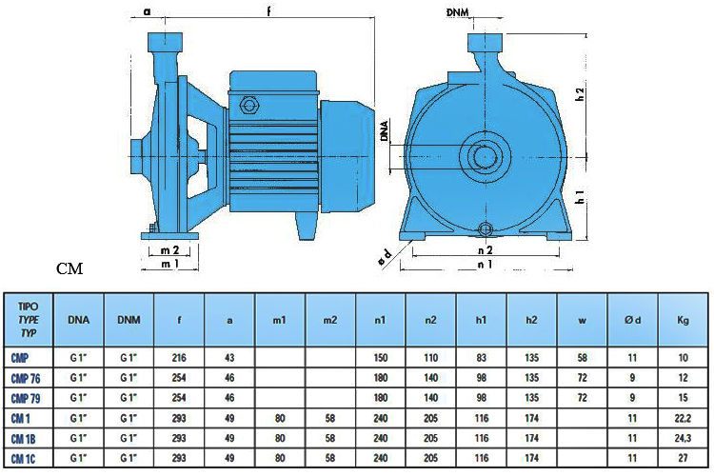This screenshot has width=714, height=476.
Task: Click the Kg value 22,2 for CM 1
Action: (x=683, y=418)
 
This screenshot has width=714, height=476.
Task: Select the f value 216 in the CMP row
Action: (x=179, y=358)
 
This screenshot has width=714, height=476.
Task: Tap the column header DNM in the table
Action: (x=129, y=320)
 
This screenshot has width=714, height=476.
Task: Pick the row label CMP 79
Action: (x=26, y=398)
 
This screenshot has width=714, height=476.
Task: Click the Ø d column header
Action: (x=632, y=320)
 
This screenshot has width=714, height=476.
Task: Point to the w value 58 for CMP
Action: (x=582, y=358)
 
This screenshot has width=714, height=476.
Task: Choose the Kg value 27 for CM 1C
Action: (x=683, y=458)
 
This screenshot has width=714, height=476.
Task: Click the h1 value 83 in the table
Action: (x=482, y=358)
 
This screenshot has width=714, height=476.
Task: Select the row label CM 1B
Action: (x=23, y=439)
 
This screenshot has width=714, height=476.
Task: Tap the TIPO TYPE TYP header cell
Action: (x=29, y=319)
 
